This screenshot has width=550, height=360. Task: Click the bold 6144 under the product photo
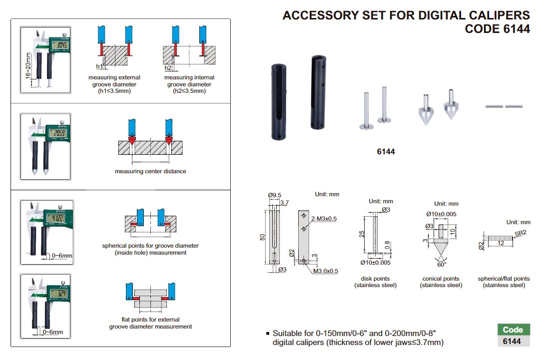(x=386, y=151)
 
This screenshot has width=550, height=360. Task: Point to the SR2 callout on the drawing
(x=519, y=233)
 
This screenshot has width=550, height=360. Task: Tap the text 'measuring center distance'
(x=150, y=171)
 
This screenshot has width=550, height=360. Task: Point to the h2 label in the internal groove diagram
(x=168, y=67)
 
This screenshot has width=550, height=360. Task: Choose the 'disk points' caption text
(x=375, y=279)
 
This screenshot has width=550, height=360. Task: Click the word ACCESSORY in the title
(x=320, y=15)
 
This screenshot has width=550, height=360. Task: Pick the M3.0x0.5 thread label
(x=326, y=271)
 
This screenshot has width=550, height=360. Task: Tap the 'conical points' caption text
(x=441, y=279)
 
